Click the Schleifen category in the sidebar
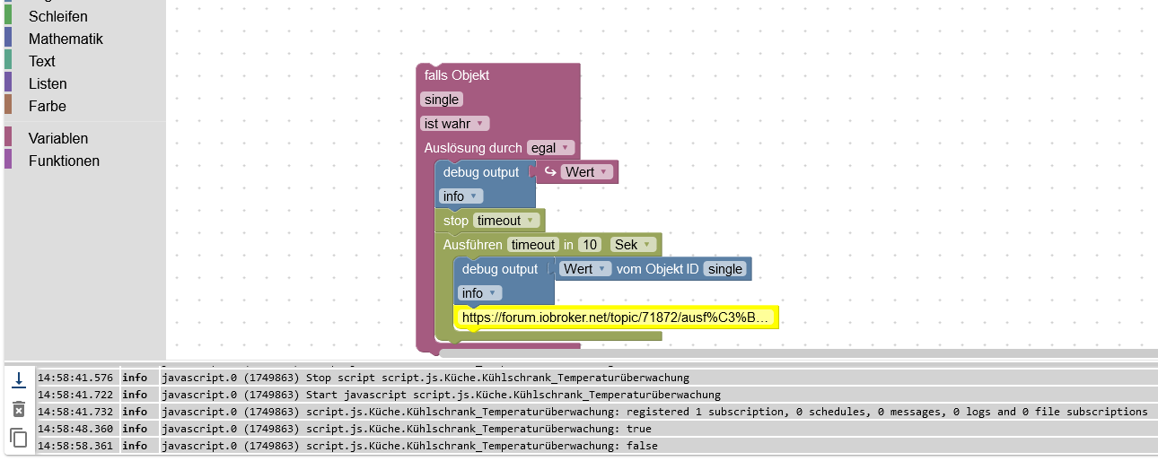57,16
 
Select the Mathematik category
65,39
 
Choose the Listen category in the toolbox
48,83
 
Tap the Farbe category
47,106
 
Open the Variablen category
57,138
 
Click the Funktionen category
64,161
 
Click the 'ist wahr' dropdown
454,124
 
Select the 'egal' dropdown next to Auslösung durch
550,148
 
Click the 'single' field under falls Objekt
441,100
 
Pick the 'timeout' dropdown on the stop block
505,221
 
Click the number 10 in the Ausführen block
589,245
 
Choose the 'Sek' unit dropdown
633,245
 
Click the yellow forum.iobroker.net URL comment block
616,317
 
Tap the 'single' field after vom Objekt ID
724,269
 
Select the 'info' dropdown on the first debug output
461,196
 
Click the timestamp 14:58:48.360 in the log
75,429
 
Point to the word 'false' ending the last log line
641,446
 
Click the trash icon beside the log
19,409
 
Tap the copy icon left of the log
19,438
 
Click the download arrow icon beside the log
19,380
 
